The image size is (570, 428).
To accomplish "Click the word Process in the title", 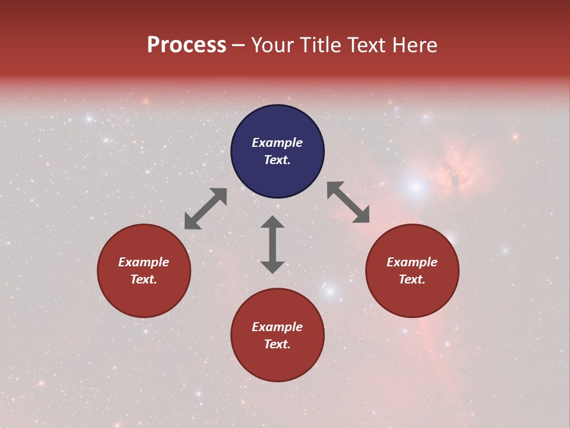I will (x=186, y=45).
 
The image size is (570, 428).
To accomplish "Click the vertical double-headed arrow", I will (x=273, y=244).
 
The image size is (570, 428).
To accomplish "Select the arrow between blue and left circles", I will (x=205, y=209).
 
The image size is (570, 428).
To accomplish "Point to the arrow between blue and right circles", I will (x=349, y=202).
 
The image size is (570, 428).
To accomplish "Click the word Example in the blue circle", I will (x=277, y=143).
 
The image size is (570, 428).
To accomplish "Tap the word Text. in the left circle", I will (x=144, y=279).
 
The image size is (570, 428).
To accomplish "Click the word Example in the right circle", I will (x=412, y=262).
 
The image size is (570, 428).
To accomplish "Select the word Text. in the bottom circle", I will (x=277, y=344).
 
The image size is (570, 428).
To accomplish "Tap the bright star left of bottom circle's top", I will (x=331, y=292).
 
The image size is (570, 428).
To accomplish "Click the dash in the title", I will (x=239, y=45).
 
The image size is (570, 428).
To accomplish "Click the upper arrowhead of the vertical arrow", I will (x=273, y=222).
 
